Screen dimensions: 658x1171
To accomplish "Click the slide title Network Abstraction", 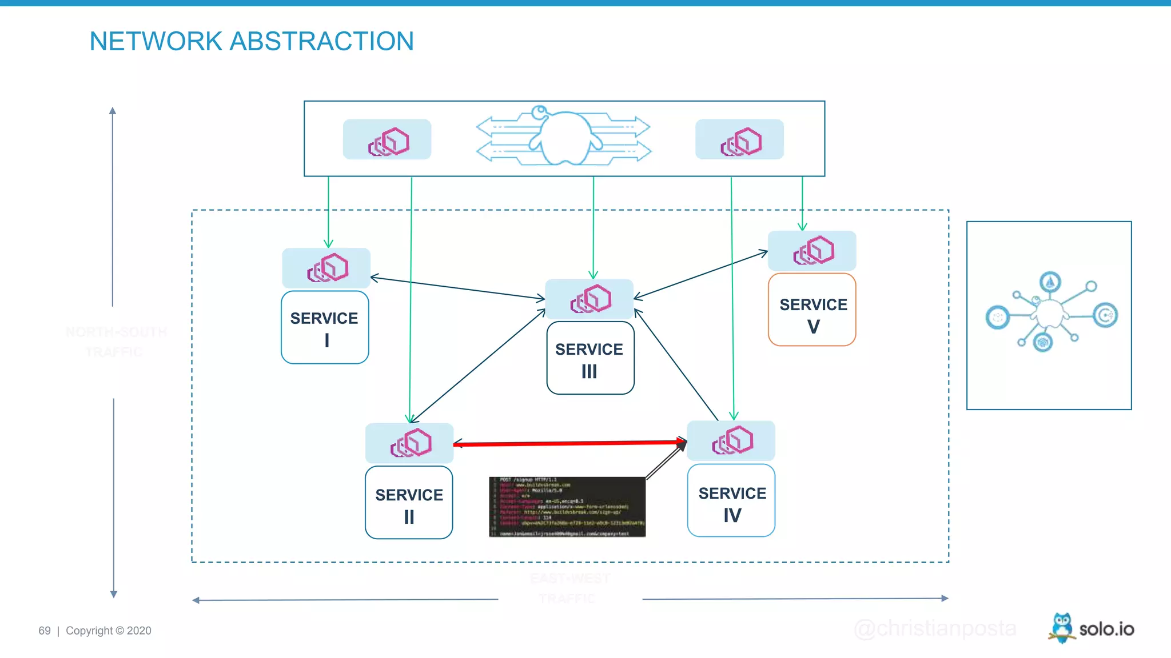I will point(252,41).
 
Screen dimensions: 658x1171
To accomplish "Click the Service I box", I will point(325,327).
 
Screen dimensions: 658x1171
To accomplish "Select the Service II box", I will point(409,503).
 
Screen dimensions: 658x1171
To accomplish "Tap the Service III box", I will point(590,358).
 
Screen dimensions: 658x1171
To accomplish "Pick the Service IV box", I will point(731,501).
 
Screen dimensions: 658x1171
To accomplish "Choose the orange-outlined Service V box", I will point(812,310).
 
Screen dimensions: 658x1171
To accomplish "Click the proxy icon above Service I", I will point(326,268).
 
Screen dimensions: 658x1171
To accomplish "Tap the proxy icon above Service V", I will point(812,251).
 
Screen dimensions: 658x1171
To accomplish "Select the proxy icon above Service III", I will point(590,299).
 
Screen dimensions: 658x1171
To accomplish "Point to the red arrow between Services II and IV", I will point(569,443).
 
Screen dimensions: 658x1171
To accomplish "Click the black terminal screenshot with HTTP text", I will point(567,507).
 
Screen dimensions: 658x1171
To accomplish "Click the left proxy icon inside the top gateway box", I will point(387,140).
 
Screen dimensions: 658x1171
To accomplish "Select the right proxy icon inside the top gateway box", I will point(739,140).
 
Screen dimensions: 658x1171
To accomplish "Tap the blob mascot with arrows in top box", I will point(564,137).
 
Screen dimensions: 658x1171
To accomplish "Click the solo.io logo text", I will point(1106,629).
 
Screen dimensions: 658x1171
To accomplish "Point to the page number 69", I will point(45,631).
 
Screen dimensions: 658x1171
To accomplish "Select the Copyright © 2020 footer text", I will point(109,631).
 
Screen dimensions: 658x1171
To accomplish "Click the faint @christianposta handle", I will point(935,628).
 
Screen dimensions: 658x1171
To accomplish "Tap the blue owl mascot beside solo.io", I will point(1062,628).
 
